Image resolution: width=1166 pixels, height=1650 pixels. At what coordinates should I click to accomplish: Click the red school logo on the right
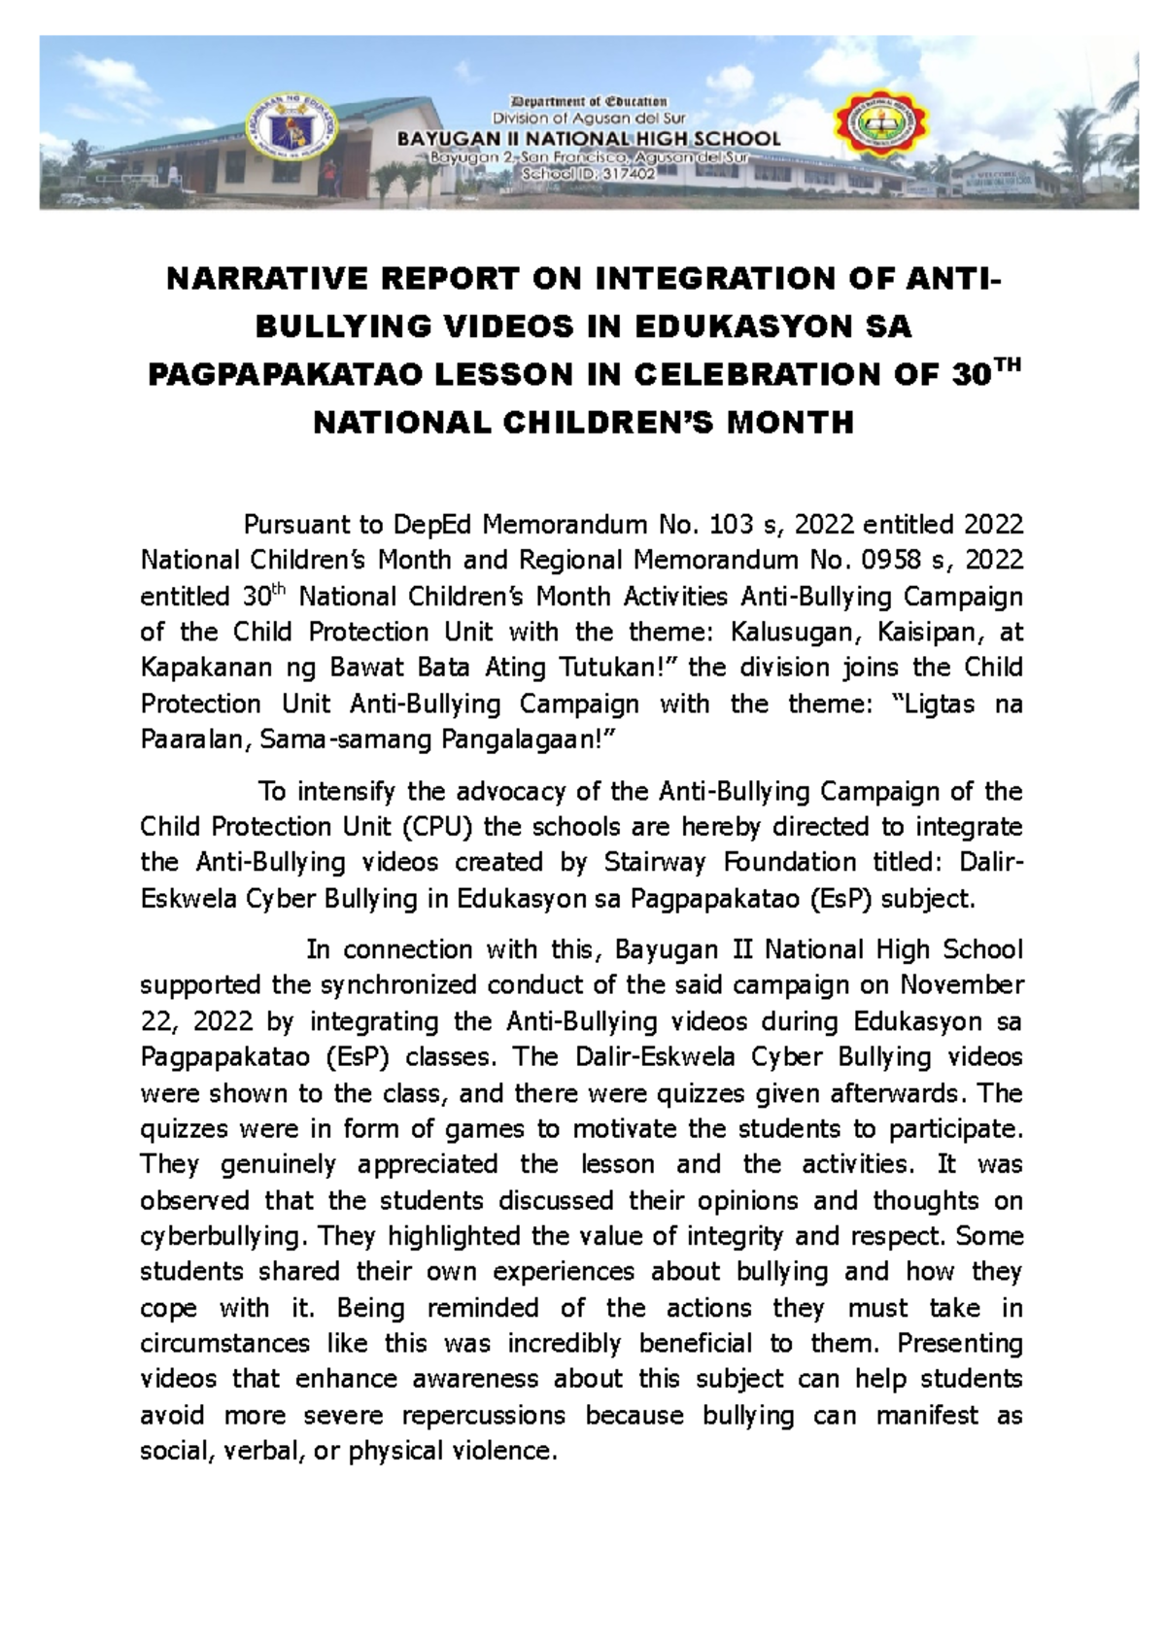coord(882,132)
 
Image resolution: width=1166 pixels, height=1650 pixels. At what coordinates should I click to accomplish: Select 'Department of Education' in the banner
coord(588,101)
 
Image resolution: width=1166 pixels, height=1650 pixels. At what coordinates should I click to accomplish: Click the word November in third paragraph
coord(963,986)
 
